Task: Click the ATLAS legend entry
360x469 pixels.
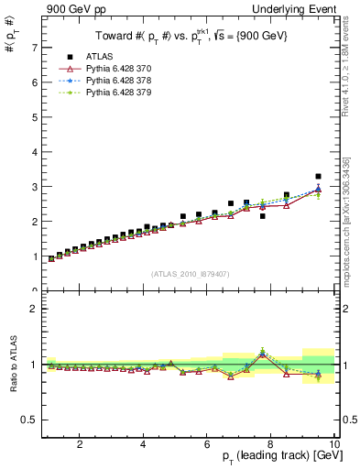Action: (x=99, y=56)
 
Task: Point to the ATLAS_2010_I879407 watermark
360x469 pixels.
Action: (x=190, y=272)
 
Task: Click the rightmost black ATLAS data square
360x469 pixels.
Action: (x=318, y=176)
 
